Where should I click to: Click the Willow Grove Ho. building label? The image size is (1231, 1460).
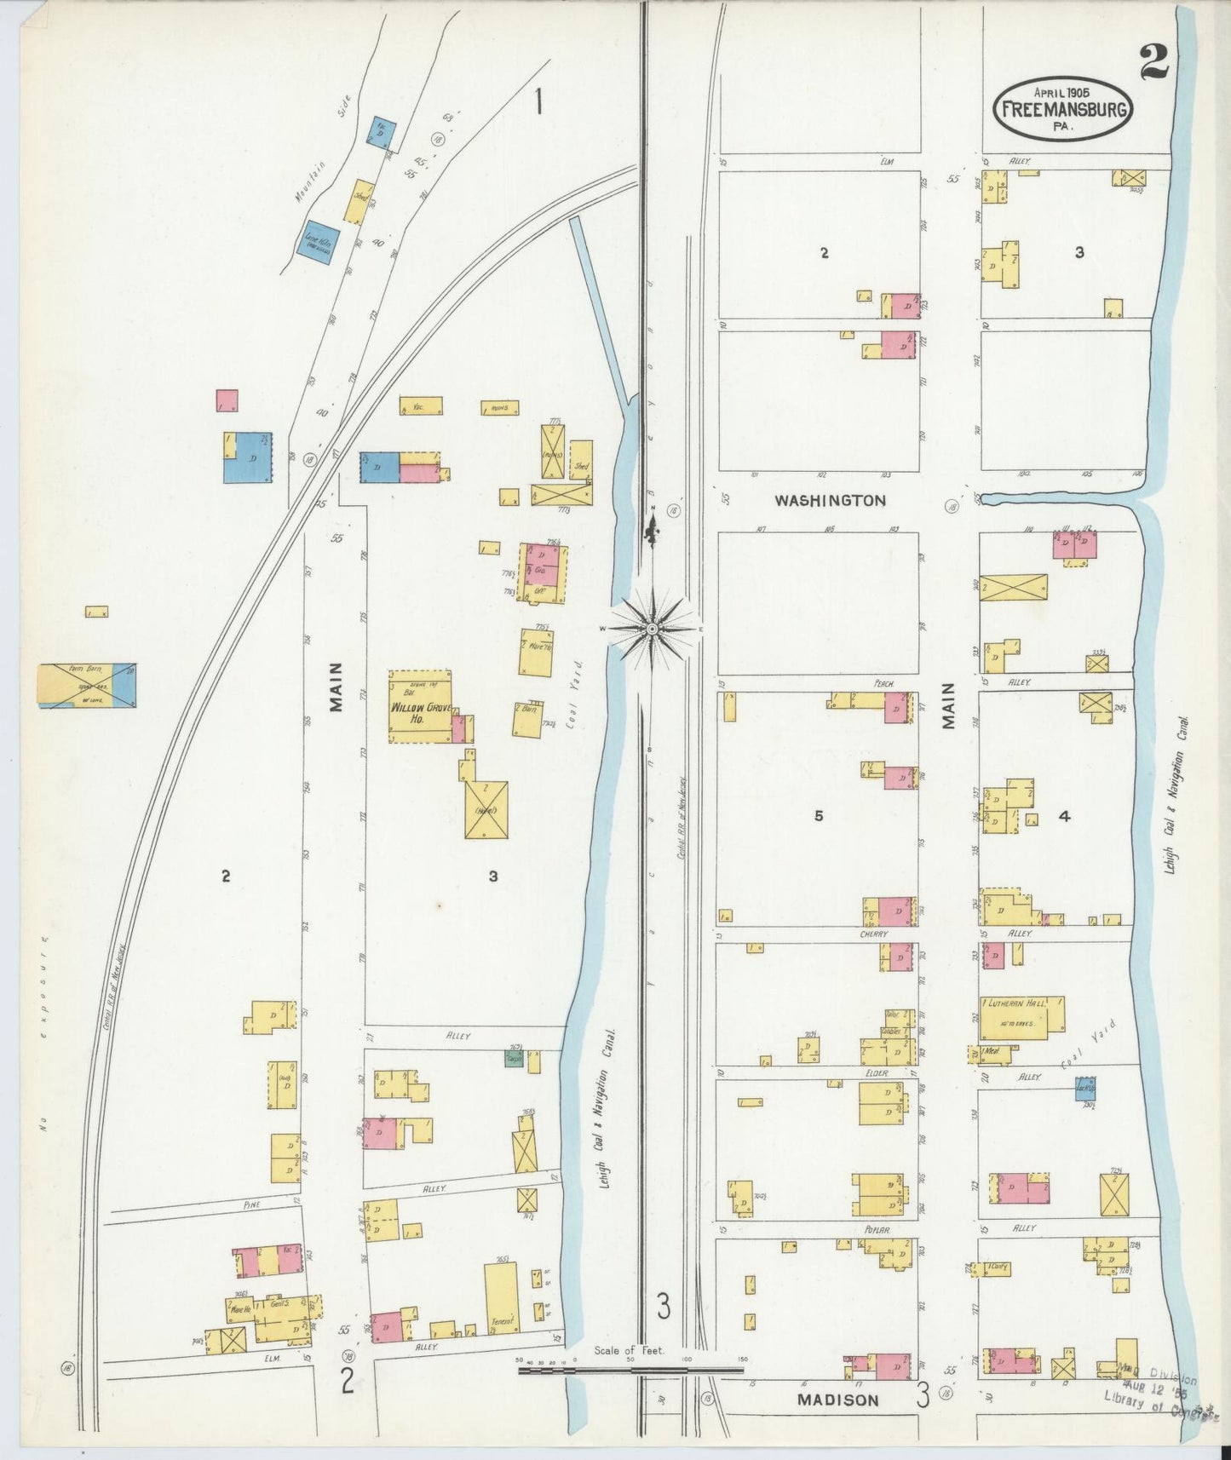(419, 712)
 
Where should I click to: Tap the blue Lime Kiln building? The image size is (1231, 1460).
(318, 244)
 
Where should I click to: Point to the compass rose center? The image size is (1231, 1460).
(652, 629)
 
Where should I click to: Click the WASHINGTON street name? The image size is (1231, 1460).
(830, 501)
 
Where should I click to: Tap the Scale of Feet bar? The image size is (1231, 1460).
(630, 1371)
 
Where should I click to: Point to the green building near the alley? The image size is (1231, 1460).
(513, 1058)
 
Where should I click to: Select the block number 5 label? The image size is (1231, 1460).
(818, 816)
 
